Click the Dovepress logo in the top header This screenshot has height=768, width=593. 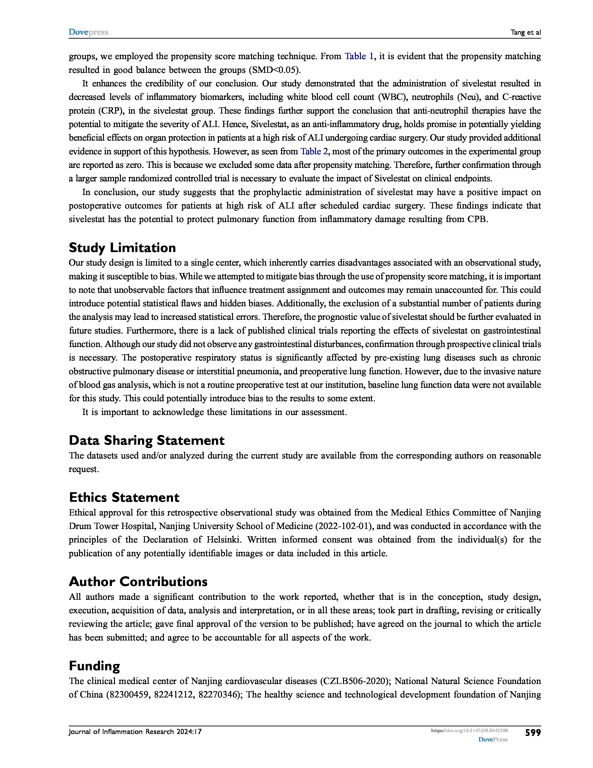[88, 32]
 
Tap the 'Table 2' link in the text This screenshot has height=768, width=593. [314, 151]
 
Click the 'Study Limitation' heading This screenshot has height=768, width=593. [122, 248]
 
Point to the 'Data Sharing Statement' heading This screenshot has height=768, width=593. [147, 440]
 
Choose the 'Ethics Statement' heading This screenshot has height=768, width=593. [124, 497]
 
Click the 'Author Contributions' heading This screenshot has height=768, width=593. [138, 581]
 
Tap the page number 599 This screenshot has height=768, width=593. [533, 732]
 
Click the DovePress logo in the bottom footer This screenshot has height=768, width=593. [493, 740]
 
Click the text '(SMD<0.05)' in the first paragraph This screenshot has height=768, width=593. [275, 70]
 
